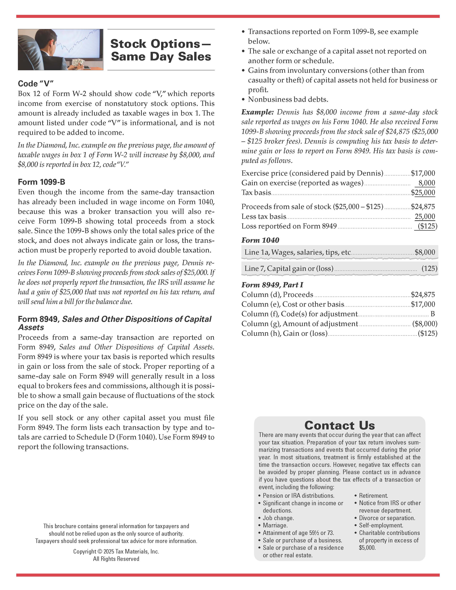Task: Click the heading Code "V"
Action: [36, 83]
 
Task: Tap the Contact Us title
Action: [340, 426]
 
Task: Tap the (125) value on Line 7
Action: [429, 269]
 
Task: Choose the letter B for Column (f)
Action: [433, 314]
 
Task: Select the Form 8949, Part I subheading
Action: [272, 285]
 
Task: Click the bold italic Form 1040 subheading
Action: [260, 240]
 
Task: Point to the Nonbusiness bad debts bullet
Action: [288, 99]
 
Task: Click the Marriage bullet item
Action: [275, 525]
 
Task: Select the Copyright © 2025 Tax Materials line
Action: [116, 551]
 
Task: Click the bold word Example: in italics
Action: [258, 112]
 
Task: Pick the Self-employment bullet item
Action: [381, 525]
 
